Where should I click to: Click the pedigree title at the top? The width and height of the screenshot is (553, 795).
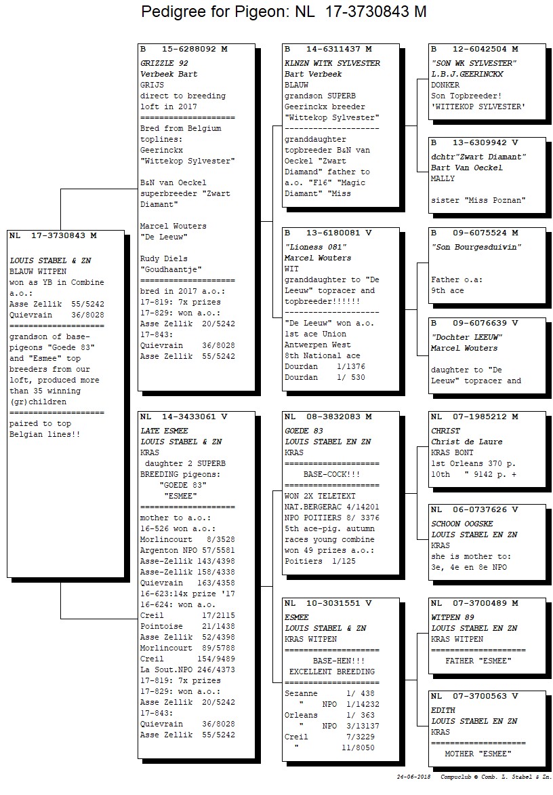pyautogui.click(x=283, y=12)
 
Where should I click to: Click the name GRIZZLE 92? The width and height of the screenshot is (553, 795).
pyautogui.click(x=164, y=63)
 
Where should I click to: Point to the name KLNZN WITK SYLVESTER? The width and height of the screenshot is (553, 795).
pyautogui.click(x=332, y=63)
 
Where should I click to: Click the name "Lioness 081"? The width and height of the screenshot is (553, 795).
pyautogui.click(x=316, y=247)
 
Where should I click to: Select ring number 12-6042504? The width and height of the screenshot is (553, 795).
pyautogui.click(x=480, y=50)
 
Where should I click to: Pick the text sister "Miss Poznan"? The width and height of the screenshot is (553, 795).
pyautogui.click(x=478, y=200)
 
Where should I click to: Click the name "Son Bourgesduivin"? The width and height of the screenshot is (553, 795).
pyautogui.click(x=476, y=247)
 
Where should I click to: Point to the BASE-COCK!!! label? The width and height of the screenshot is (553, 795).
pyautogui.click(x=331, y=475)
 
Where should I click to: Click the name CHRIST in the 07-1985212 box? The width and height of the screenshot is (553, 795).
pyautogui.click(x=446, y=431)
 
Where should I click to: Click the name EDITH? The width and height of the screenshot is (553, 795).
pyautogui.click(x=443, y=710)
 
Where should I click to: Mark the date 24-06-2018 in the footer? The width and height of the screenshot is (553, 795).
pyautogui.click(x=414, y=777)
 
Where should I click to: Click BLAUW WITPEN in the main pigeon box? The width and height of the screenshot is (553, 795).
pyautogui.click(x=38, y=272)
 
